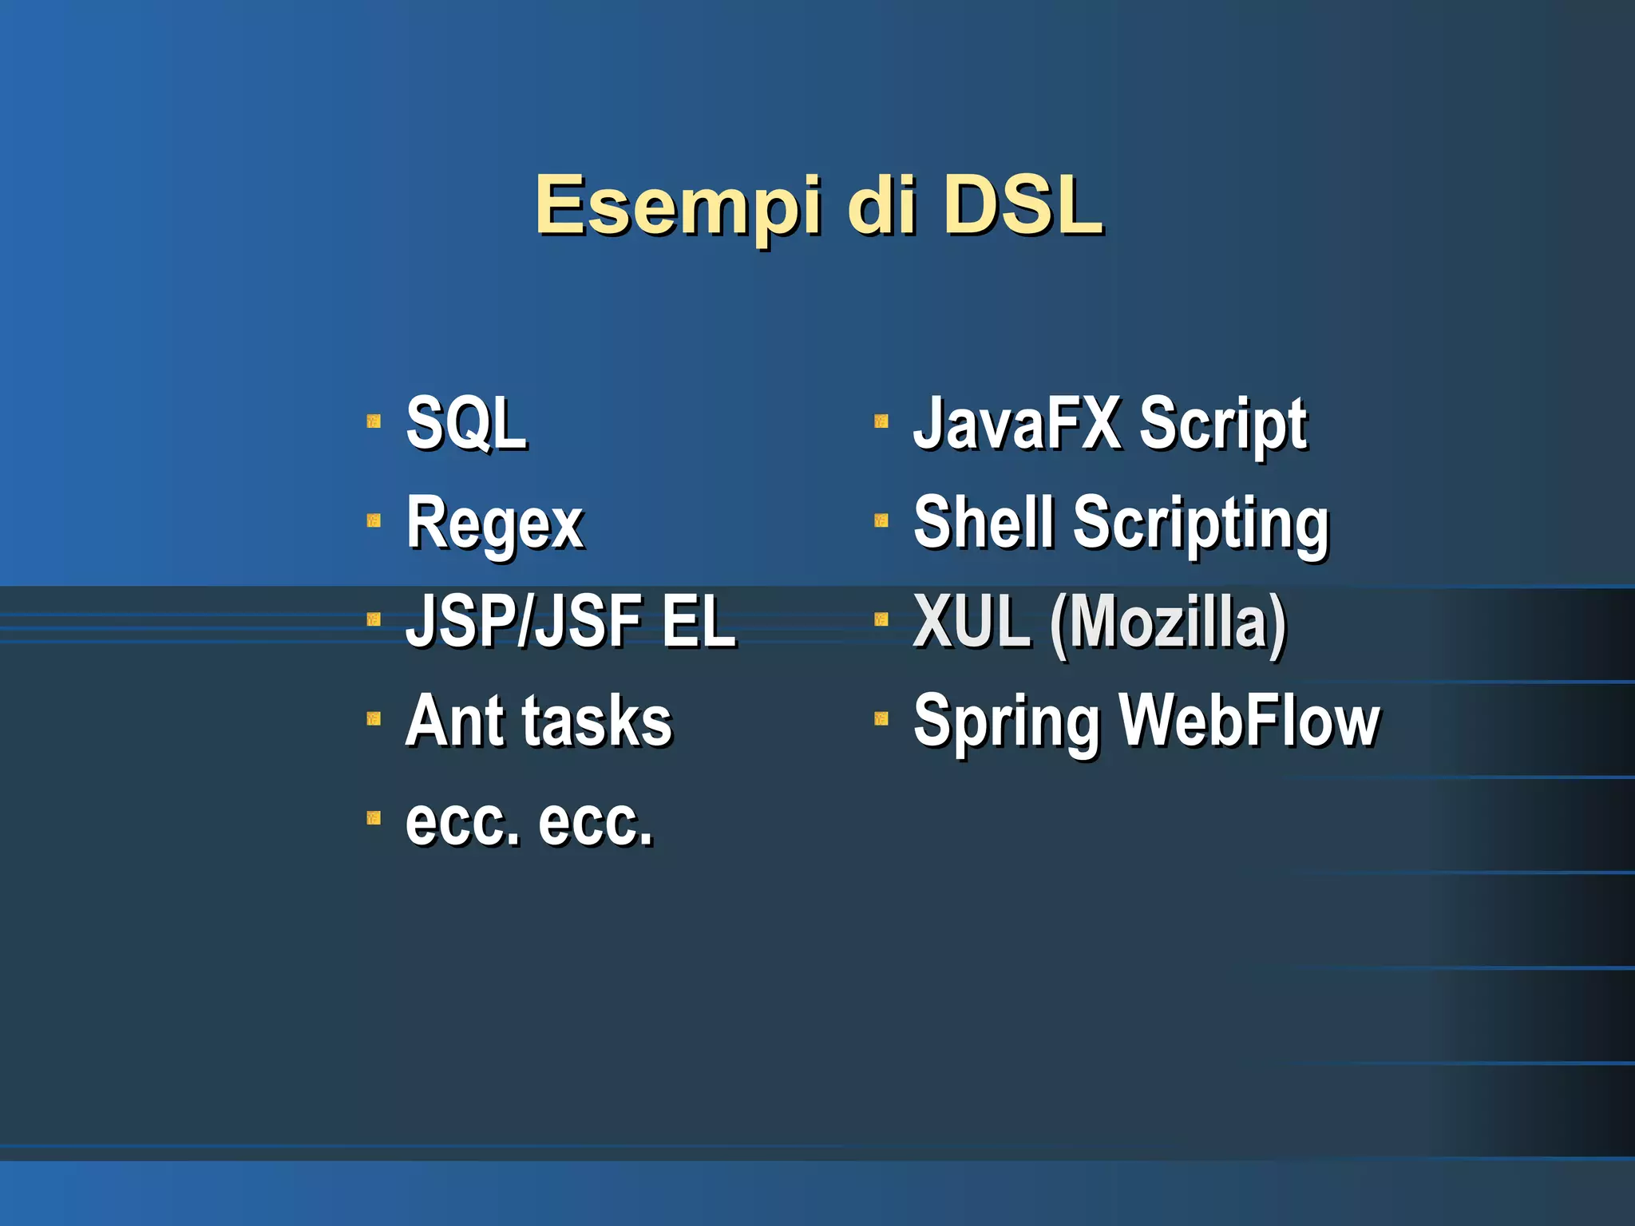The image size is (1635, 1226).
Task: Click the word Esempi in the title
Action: [x=678, y=207]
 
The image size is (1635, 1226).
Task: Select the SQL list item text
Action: [x=466, y=424]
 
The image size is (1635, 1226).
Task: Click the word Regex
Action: [x=495, y=524]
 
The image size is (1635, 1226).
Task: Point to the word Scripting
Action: [x=1201, y=524]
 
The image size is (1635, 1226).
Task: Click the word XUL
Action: [x=971, y=622]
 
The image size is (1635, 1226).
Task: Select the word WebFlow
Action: [x=1249, y=721]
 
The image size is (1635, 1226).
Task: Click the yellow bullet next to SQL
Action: [x=374, y=421]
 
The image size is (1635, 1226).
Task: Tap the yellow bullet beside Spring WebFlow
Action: [x=881, y=718]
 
